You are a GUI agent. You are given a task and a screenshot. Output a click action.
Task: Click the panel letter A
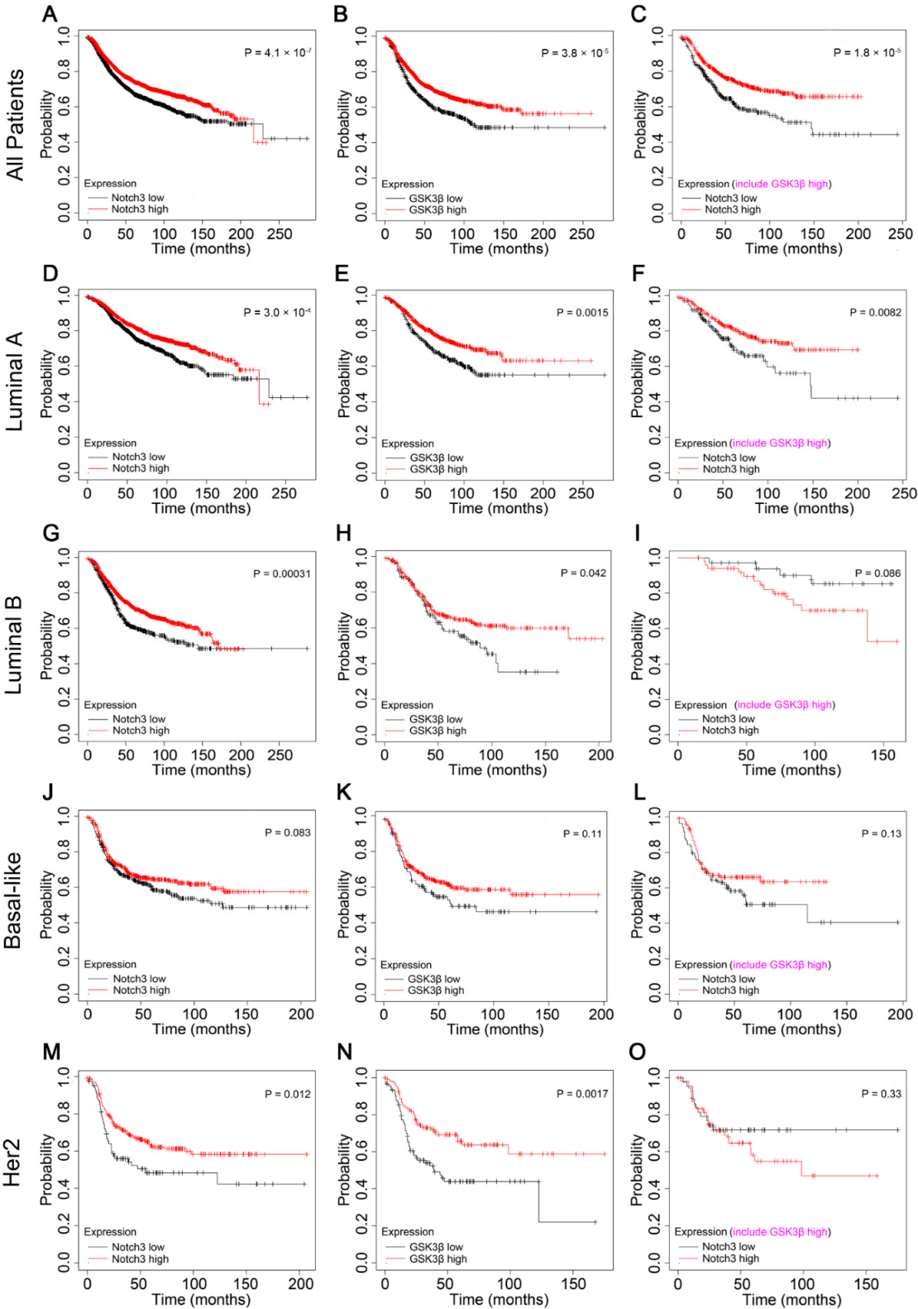[x=50, y=14]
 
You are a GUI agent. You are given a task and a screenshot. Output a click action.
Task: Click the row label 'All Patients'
[x=15, y=125]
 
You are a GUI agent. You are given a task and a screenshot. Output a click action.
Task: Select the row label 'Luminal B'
[x=14, y=645]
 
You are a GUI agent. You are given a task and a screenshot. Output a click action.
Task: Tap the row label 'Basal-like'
[x=13, y=900]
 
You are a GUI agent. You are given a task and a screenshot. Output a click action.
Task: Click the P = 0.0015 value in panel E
[x=582, y=313]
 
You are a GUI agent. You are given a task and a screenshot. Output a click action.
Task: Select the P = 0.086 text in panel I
[x=877, y=573]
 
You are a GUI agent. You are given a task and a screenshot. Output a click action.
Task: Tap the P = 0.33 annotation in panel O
[x=881, y=1094]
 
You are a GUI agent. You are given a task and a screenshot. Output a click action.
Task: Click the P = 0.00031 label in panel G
[x=282, y=573]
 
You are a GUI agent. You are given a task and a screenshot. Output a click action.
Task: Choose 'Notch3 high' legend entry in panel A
[x=140, y=209]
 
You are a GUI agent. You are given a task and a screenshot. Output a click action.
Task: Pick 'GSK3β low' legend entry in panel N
[x=436, y=1247]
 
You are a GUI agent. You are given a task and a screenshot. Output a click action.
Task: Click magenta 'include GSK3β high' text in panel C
[x=782, y=184]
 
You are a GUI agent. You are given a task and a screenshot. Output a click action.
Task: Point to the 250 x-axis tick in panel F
[x=904, y=493]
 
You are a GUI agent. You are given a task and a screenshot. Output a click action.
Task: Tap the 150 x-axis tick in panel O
[x=866, y=1284]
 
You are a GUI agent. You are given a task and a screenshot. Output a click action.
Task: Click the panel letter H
[x=344, y=534]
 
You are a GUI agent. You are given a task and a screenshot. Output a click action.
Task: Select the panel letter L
[x=639, y=793]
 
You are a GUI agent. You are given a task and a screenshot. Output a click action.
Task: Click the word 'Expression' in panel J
[x=110, y=965]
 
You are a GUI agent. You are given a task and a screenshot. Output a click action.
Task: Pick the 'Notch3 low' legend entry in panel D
[x=138, y=457]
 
